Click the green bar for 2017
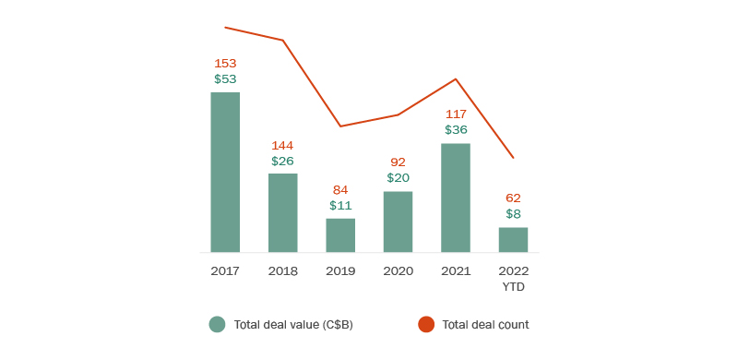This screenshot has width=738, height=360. pos(225,172)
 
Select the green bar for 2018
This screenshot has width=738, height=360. pos(283,212)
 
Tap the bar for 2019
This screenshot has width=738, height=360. pos(340,235)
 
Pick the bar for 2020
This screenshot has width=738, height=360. pos(398,222)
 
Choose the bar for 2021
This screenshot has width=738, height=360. pos(456,198)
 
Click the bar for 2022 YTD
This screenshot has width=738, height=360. pos(513,240)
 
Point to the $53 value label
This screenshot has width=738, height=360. pos(225,79)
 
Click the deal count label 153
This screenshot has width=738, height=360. pos(225,64)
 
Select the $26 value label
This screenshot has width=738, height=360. pos(283,162)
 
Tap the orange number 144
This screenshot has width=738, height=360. pos(283,146)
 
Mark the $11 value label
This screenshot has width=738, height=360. pos(340,206)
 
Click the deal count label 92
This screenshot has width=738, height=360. pos(398,162)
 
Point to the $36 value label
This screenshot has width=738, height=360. pos(456,130)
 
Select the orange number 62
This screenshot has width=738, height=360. pos(513,198)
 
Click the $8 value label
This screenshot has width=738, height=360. pos(513,214)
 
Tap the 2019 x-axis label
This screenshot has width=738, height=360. pos(340,271)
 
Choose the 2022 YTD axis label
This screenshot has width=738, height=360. pos(513,279)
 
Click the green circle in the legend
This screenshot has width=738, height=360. pos(217,324)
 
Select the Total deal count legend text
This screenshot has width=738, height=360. pos(485,325)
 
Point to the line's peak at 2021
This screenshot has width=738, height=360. pos(456,79)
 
